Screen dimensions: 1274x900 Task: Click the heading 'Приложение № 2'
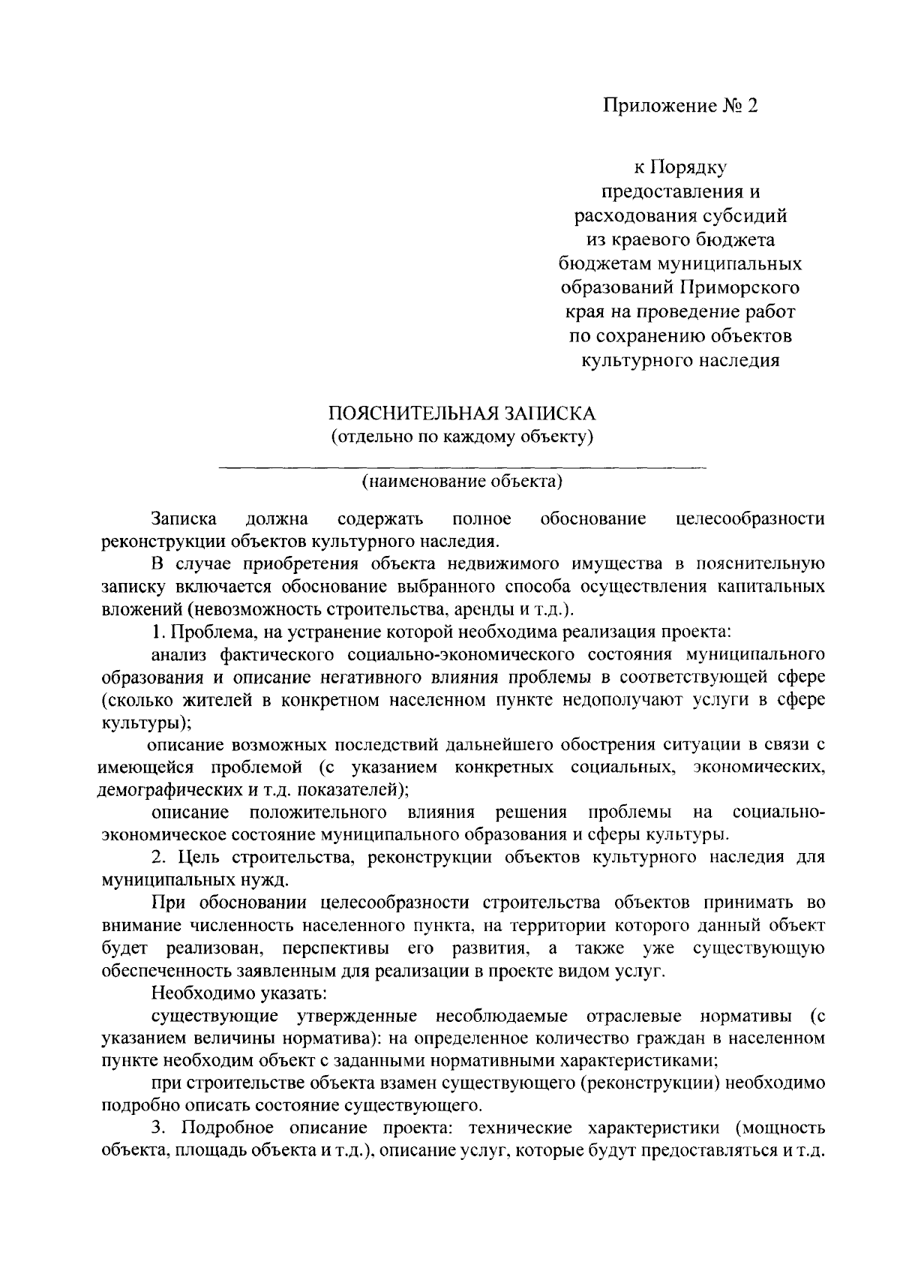click(x=681, y=107)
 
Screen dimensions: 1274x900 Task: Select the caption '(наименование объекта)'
click(x=462, y=481)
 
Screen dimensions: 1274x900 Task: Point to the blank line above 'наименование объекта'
click(x=462, y=468)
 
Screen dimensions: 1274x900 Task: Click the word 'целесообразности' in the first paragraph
click(x=750, y=519)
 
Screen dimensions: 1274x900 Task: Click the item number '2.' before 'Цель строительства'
click(x=157, y=857)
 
